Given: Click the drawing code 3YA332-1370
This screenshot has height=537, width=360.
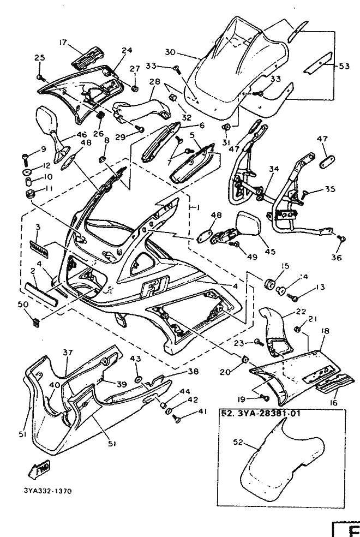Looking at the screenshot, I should (x=48, y=491).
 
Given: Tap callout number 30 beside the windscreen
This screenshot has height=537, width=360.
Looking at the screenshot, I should (x=170, y=53).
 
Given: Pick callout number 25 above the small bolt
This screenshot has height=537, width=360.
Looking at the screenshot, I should (x=39, y=58).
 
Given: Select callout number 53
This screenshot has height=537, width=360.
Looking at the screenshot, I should (x=344, y=67).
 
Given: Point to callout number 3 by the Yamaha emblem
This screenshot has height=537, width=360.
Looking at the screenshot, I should (x=38, y=226).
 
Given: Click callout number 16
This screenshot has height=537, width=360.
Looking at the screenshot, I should (x=333, y=402).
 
